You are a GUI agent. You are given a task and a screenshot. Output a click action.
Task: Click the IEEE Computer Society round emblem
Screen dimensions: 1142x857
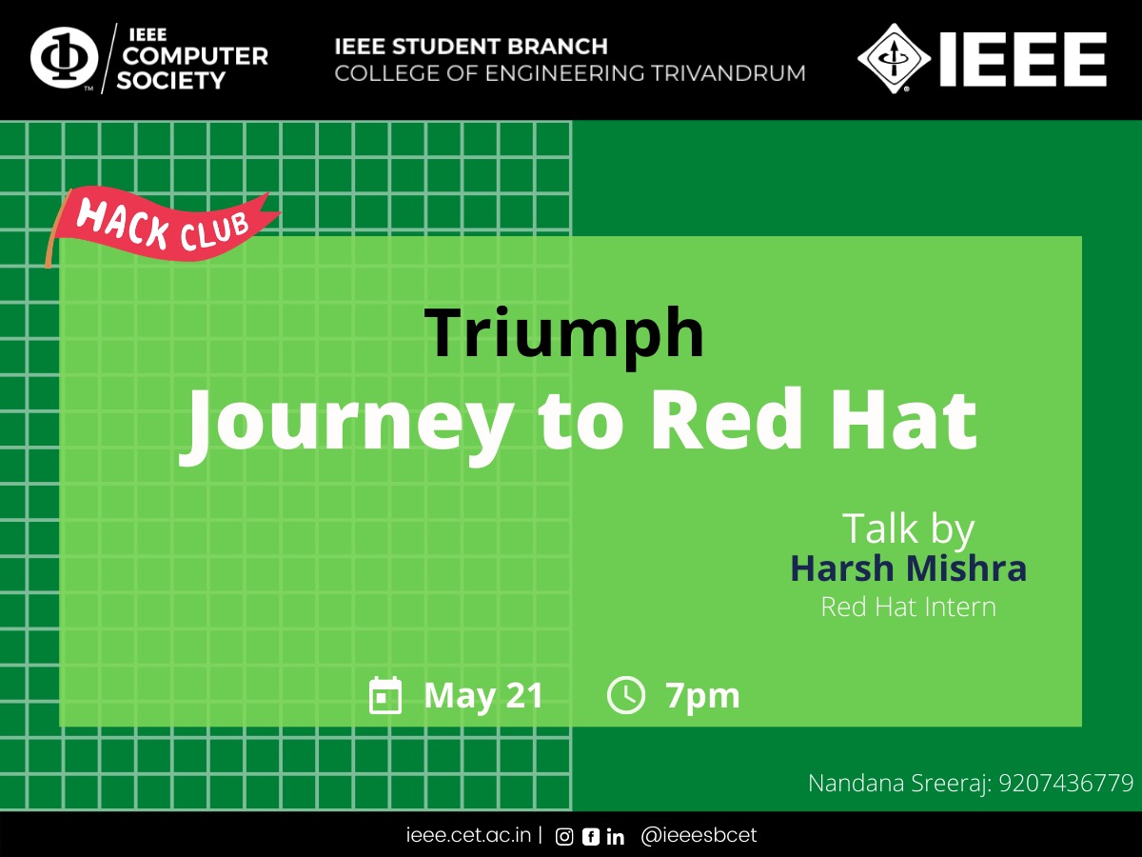(x=64, y=58)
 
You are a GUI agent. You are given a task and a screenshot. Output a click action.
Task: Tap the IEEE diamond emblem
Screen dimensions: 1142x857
(x=894, y=58)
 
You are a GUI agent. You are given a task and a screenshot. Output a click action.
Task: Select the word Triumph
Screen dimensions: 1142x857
(x=564, y=333)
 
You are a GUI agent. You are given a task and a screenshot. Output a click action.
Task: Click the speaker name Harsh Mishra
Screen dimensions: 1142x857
(x=909, y=568)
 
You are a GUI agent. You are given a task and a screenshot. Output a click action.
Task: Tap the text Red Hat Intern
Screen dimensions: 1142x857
(x=909, y=607)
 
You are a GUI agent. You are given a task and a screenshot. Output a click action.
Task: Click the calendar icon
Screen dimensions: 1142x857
(x=385, y=695)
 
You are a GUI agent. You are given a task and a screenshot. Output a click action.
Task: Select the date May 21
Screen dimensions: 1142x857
(x=483, y=696)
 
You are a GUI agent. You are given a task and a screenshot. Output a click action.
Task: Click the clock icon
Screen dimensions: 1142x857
(x=626, y=695)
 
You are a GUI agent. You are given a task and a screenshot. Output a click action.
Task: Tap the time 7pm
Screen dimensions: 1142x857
(x=702, y=697)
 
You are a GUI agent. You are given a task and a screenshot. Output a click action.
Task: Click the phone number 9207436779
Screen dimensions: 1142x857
(x=1066, y=783)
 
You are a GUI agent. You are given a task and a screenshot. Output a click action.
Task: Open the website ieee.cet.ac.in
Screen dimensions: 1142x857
(x=468, y=835)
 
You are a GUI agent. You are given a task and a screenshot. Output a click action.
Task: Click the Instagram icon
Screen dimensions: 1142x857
(x=564, y=837)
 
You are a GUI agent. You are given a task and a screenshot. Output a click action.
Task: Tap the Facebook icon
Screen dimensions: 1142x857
(x=591, y=837)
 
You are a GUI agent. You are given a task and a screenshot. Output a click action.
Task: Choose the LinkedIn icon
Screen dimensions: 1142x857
(x=616, y=837)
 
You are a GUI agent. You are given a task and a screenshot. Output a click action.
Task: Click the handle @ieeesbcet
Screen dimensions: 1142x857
(x=699, y=835)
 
